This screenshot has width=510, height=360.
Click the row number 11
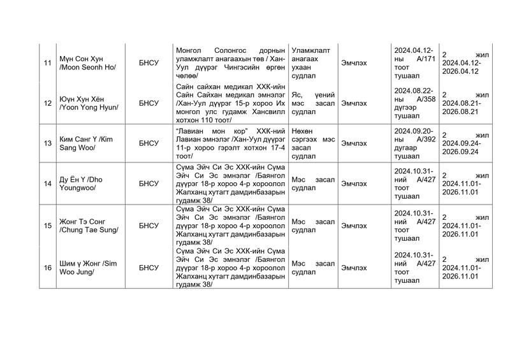[x=47, y=63]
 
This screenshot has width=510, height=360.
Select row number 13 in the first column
[x=47, y=143]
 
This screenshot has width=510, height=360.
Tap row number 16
[x=47, y=268]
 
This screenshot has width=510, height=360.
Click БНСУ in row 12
[x=149, y=103]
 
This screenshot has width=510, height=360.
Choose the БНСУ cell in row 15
[x=149, y=225]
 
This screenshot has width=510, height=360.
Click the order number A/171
[x=423, y=59]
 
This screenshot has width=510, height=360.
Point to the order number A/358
[x=423, y=99]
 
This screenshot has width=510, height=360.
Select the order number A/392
[x=423, y=139]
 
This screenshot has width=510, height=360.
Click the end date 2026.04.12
[x=461, y=72]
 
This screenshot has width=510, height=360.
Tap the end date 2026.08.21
[x=461, y=112]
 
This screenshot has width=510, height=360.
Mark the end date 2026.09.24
[x=461, y=152]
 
